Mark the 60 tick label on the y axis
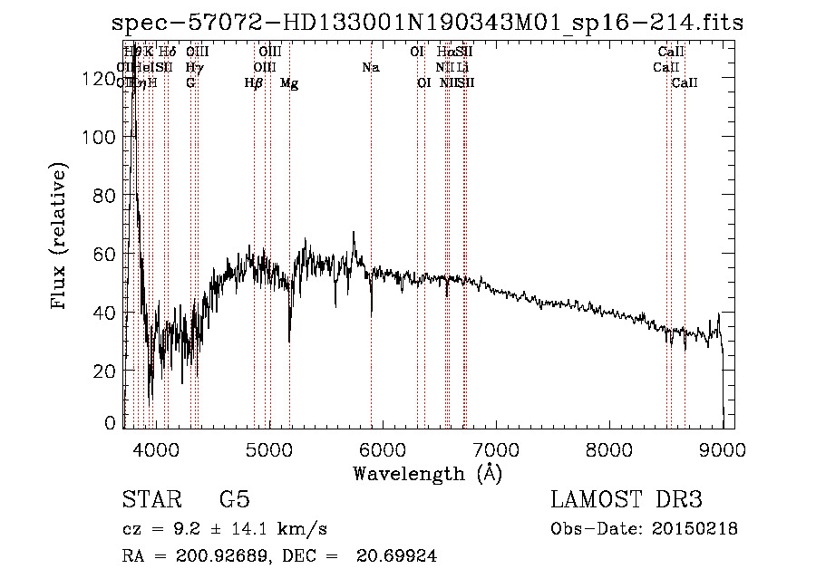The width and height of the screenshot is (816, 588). [106, 254]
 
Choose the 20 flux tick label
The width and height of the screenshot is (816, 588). [106, 371]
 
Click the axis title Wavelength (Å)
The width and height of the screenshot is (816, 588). [427, 473]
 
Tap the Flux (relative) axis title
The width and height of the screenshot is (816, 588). [60, 237]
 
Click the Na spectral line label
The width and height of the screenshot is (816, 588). [370, 68]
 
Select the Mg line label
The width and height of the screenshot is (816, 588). [289, 83]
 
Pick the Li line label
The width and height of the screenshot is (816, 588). [462, 68]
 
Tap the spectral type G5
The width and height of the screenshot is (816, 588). [234, 500]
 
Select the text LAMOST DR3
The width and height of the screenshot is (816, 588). [626, 500]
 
